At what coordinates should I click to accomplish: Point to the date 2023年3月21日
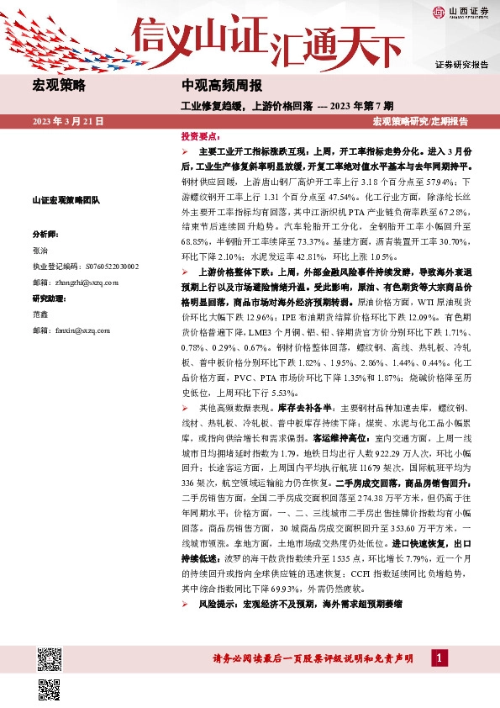pyautogui.click(x=68, y=122)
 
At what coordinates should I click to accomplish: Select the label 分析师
pyautogui.click(x=45, y=234)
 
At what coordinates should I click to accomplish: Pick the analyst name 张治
pyautogui.click(x=40, y=250)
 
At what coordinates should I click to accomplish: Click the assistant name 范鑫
pyautogui.click(x=40, y=314)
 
